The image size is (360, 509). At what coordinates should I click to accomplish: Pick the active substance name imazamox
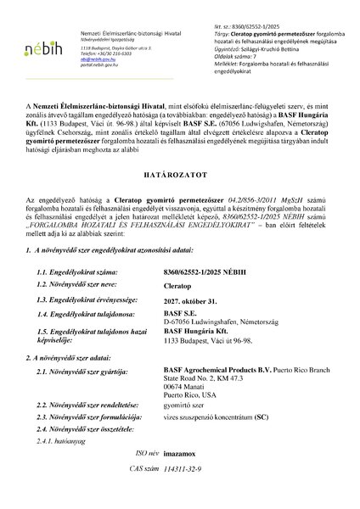[202, 479]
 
